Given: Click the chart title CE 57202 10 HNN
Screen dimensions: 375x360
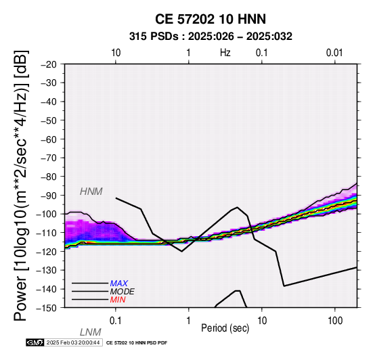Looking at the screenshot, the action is click(211, 19).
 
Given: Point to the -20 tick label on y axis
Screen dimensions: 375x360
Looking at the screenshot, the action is click(49, 64).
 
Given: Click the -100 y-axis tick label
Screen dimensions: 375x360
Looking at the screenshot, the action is click(46, 214).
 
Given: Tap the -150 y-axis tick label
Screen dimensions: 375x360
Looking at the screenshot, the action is click(46, 308).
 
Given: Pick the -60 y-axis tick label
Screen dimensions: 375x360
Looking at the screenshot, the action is click(49, 139).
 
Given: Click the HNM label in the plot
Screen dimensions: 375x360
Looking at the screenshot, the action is click(91, 192).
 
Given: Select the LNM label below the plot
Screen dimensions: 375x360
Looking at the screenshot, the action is click(91, 332).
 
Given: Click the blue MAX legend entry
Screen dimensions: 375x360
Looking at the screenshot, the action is click(119, 284).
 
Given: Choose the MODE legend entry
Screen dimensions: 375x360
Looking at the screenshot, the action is click(123, 292).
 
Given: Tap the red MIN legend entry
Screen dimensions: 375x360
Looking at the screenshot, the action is click(118, 300).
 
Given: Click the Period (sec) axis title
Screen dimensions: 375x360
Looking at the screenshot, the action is click(225, 328).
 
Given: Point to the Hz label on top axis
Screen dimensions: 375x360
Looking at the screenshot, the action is click(225, 53).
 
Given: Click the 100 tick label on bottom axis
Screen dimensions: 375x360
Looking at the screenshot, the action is click(335, 321).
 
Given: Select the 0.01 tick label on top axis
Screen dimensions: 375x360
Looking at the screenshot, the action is click(334, 53).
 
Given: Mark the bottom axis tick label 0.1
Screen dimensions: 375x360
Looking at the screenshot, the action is click(116, 321).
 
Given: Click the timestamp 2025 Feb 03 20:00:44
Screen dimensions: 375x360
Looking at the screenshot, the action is click(73, 342).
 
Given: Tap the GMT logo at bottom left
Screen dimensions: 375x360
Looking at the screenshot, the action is click(35, 342).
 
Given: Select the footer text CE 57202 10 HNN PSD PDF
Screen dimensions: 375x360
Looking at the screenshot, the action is click(137, 343).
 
